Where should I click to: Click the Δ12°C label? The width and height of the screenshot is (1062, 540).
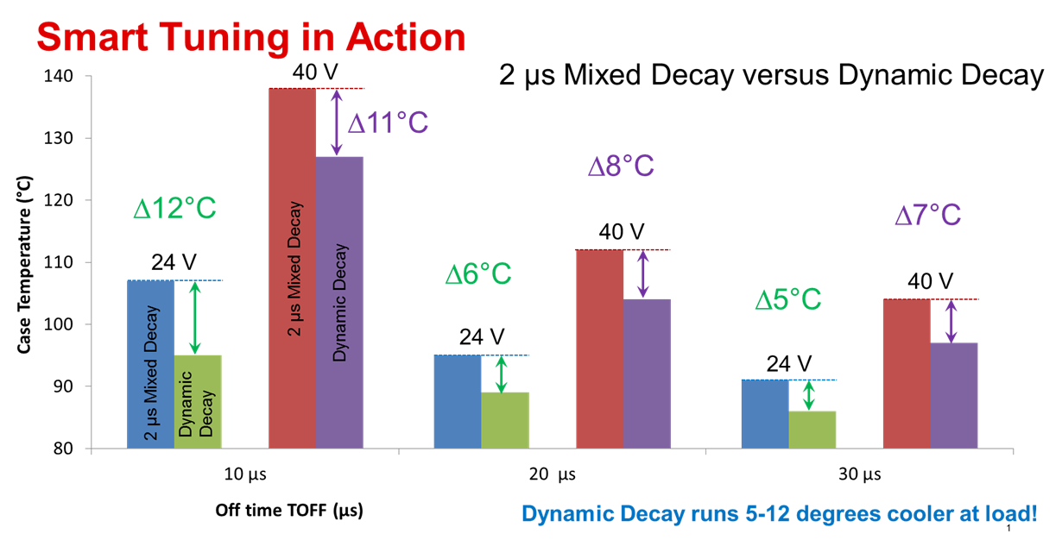point(174,209)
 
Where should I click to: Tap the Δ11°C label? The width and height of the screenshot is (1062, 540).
point(388,122)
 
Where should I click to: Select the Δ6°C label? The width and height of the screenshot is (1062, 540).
point(478,274)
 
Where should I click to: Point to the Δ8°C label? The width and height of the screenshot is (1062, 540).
point(621,166)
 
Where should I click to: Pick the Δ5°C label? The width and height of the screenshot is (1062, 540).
point(788,300)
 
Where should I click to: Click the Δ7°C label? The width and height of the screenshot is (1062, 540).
point(927,215)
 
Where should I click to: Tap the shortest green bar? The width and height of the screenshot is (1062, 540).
point(812,430)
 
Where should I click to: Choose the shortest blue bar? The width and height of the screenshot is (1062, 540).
point(765,414)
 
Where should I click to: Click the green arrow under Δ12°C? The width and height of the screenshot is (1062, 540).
point(195,317)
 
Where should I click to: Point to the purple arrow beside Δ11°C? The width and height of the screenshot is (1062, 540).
point(336,122)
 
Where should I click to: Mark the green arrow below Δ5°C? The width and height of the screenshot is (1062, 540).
point(809,395)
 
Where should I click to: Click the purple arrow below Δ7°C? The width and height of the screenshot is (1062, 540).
point(951,321)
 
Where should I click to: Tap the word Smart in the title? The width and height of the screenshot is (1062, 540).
point(92,39)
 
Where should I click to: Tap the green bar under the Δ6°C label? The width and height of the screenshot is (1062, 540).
point(504,420)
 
